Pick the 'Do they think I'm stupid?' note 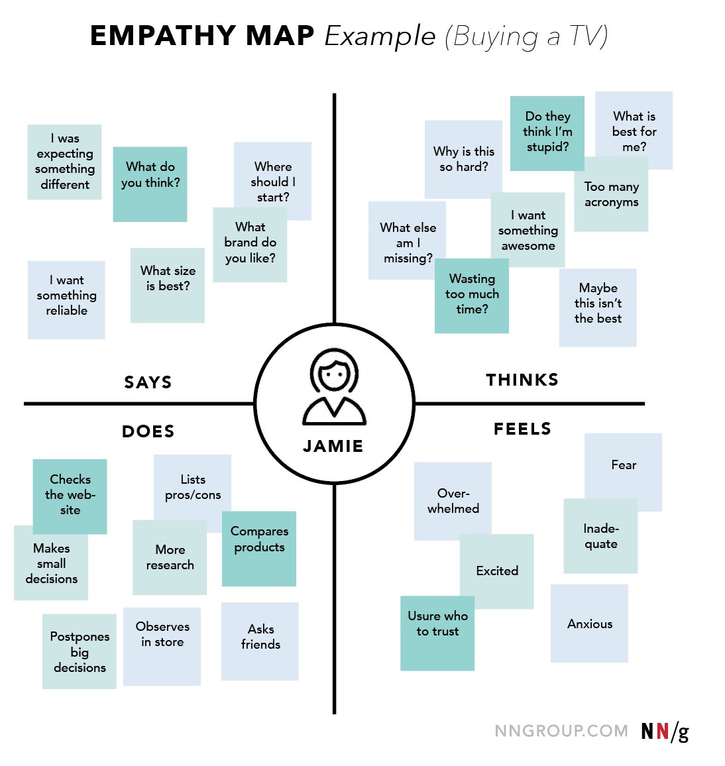pos(547,133)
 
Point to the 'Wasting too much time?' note pos(472,295)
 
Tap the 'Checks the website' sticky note pos(70,496)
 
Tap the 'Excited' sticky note pos(497,571)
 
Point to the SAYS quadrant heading pos(148,382)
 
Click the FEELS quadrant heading pos(522,429)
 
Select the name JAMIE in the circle pos(333,447)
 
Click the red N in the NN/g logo pos(662,732)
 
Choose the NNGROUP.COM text pos(561,731)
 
